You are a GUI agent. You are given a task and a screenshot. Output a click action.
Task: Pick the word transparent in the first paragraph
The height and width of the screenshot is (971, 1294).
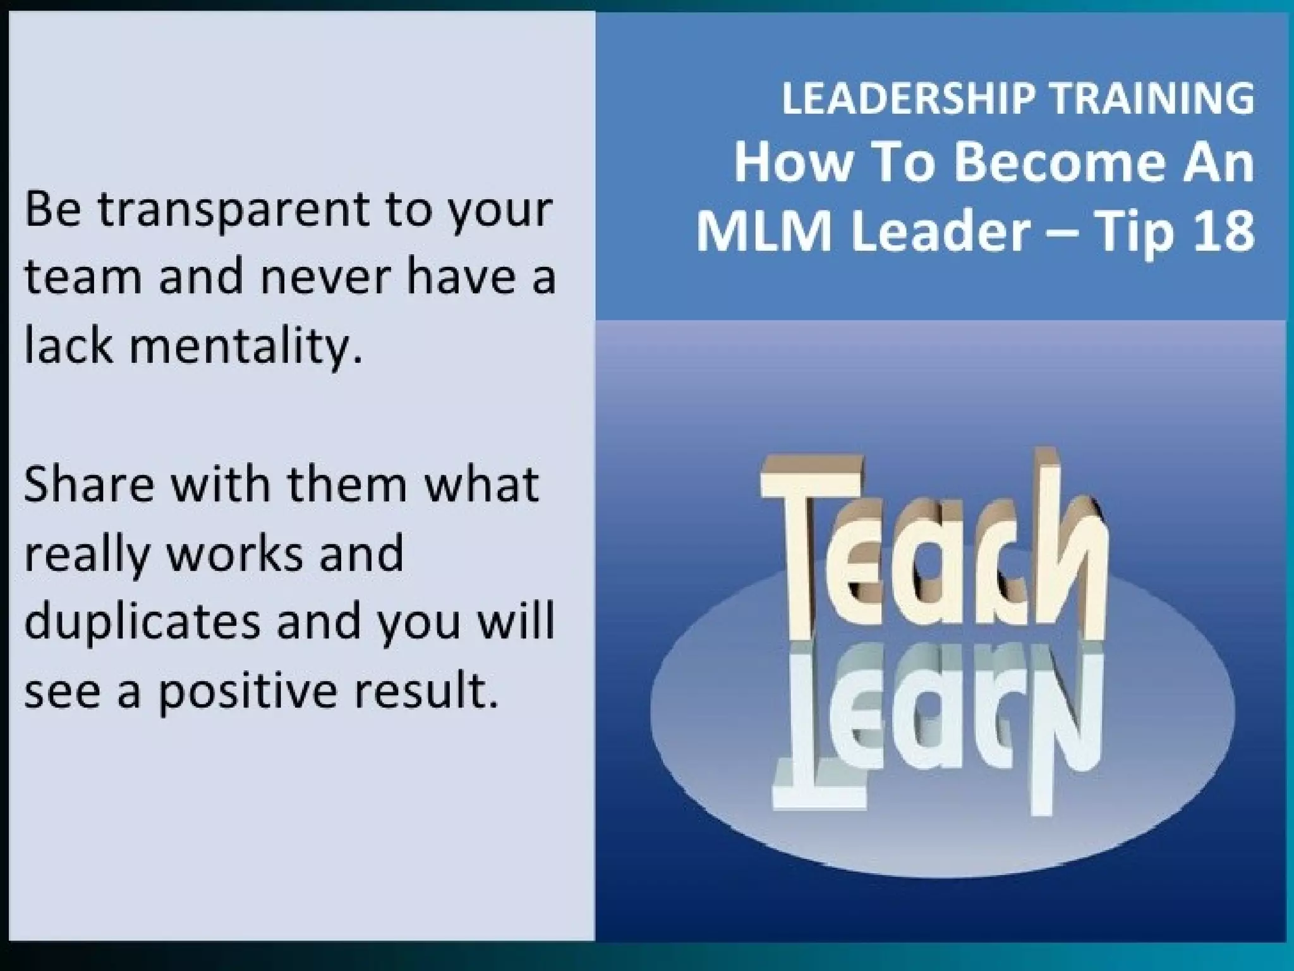233,210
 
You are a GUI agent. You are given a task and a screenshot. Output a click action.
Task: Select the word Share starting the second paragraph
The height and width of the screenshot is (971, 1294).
89,485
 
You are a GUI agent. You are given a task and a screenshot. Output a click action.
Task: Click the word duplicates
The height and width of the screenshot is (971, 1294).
143,622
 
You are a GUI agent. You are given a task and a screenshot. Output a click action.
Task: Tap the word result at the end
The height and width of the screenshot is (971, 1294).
425,690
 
